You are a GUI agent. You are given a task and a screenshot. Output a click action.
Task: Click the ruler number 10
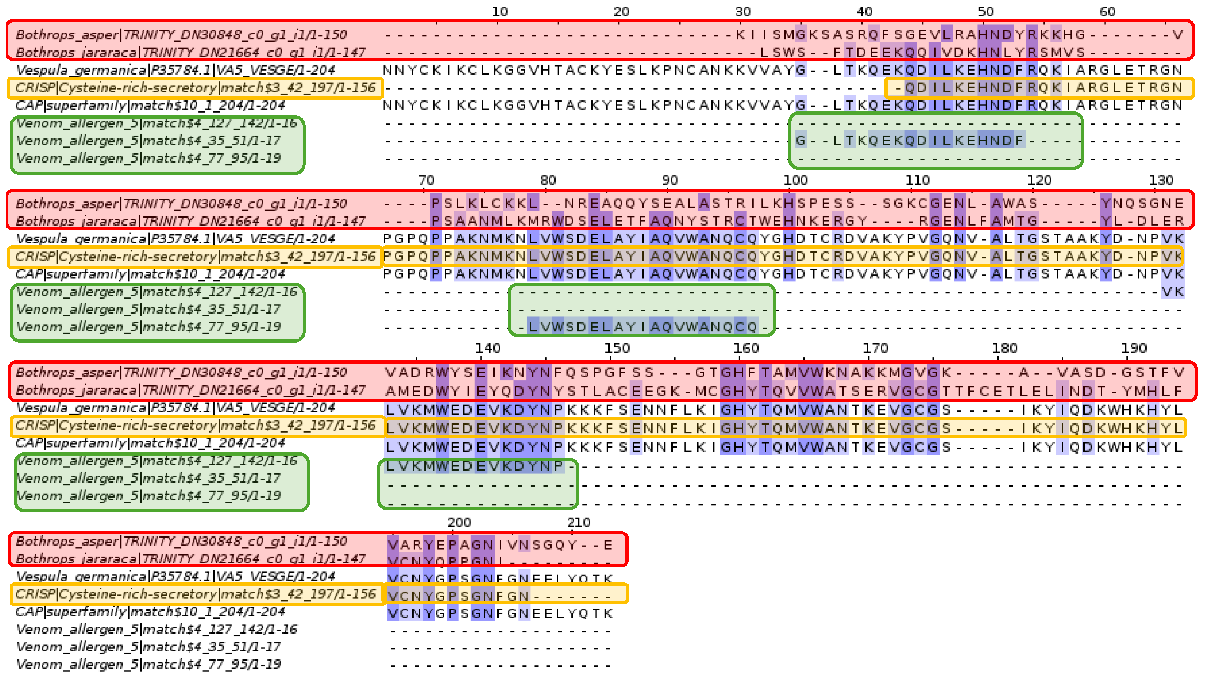coord(499,12)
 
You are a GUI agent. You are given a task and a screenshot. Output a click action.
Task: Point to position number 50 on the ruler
coord(986,12)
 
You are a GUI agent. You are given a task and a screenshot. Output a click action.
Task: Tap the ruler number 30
coord(743,12)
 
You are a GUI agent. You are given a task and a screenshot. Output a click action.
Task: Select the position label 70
coord(426,180)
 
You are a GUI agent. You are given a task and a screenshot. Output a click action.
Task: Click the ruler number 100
coord(795,180)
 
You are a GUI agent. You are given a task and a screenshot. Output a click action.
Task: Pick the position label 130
coord(1161,180)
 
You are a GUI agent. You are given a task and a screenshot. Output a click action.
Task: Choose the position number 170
coord(875,349)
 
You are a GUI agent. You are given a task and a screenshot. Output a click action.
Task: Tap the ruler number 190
coord(1133,349)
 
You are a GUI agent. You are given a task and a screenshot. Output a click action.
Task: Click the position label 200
coord(459,523)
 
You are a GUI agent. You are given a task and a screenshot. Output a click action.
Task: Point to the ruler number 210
coord(578,523)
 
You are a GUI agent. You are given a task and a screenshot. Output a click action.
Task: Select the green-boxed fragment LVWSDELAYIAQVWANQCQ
coord(642,326)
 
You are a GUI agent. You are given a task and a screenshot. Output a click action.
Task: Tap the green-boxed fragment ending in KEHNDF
coord(909,140)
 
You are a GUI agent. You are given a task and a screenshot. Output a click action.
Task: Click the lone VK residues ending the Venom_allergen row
coord(1172,292)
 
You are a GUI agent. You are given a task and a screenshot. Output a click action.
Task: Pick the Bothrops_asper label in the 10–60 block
coord(181,35)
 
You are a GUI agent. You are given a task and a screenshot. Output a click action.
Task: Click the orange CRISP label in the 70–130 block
coord(196,257)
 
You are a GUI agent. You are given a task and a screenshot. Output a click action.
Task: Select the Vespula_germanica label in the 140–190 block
coord(175,408)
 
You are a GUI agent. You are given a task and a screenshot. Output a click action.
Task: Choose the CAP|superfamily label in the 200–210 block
coord(150,611)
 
